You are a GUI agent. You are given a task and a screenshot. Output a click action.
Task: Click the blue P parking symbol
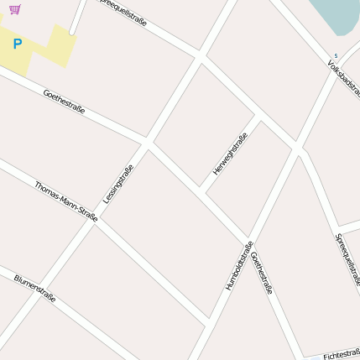(17, 44)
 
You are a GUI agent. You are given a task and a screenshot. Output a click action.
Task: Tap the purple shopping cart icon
(15, 10)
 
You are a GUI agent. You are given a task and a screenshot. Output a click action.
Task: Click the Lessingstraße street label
(118, 184)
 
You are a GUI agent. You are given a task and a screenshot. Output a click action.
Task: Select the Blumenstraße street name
(34, 288)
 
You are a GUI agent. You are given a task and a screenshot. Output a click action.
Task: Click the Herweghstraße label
(229, 154)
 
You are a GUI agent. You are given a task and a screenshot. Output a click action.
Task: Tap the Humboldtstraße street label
(239, 266)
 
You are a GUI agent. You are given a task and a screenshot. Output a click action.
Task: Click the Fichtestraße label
(341, 354)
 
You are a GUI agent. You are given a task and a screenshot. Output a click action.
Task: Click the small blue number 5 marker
(336, 56)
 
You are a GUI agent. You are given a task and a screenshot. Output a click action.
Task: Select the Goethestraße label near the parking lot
(64, 103)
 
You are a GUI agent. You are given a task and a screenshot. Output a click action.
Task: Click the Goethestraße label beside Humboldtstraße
(262, 273)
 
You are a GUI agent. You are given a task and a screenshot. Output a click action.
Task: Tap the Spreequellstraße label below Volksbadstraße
(347, 259)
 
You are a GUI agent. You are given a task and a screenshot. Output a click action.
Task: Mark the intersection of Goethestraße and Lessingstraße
(147, 143)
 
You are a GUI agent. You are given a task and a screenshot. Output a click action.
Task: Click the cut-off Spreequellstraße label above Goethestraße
(123, 13)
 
